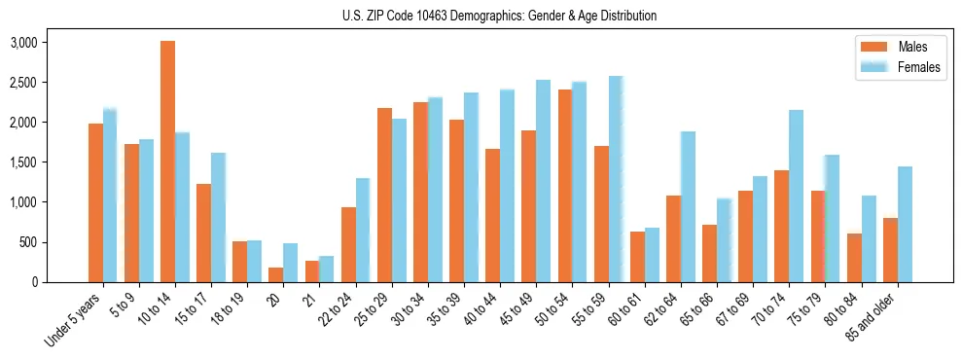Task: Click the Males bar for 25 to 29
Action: [x=384, y=195]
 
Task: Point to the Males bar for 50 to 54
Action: [x=565, y=186]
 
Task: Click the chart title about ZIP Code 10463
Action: [x=499, y=16]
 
